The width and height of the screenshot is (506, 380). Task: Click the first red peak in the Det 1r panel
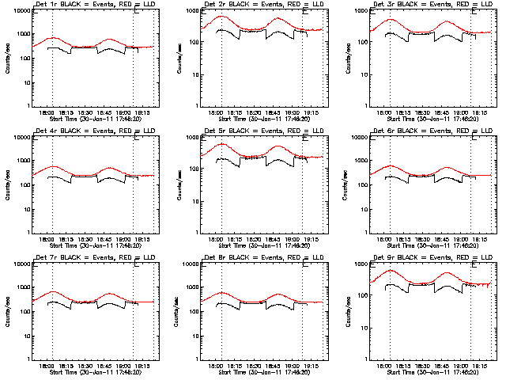click(52, 37)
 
